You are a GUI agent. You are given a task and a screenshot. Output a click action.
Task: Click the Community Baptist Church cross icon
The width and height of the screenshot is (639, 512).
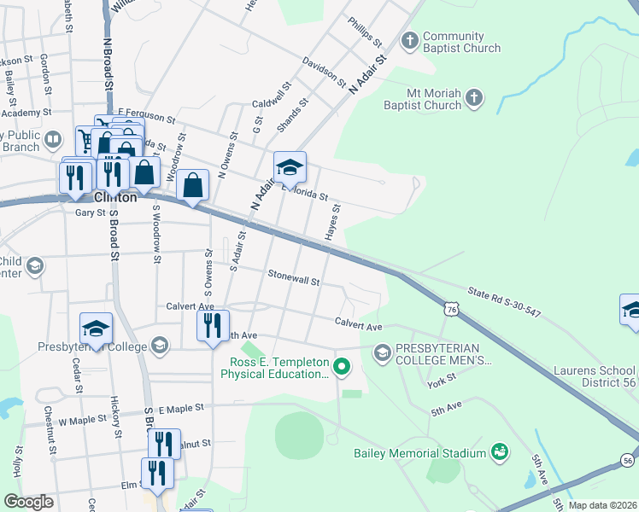point(410,40)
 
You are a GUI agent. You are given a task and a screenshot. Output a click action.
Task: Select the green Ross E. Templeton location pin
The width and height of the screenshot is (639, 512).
point(342,368)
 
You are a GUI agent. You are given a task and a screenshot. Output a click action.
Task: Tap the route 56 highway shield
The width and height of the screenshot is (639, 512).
point(628,460)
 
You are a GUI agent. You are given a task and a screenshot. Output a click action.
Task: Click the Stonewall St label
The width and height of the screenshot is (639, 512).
point(293,278)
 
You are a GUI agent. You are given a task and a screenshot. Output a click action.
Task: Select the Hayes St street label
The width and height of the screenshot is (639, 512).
point(331,221)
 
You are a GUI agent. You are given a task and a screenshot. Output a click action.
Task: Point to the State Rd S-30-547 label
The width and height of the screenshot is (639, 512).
point(503,302)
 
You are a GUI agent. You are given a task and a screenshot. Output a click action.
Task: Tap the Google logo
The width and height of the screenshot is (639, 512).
point(28,502)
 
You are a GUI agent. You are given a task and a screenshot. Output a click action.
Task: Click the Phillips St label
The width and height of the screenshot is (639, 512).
point(364,30)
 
